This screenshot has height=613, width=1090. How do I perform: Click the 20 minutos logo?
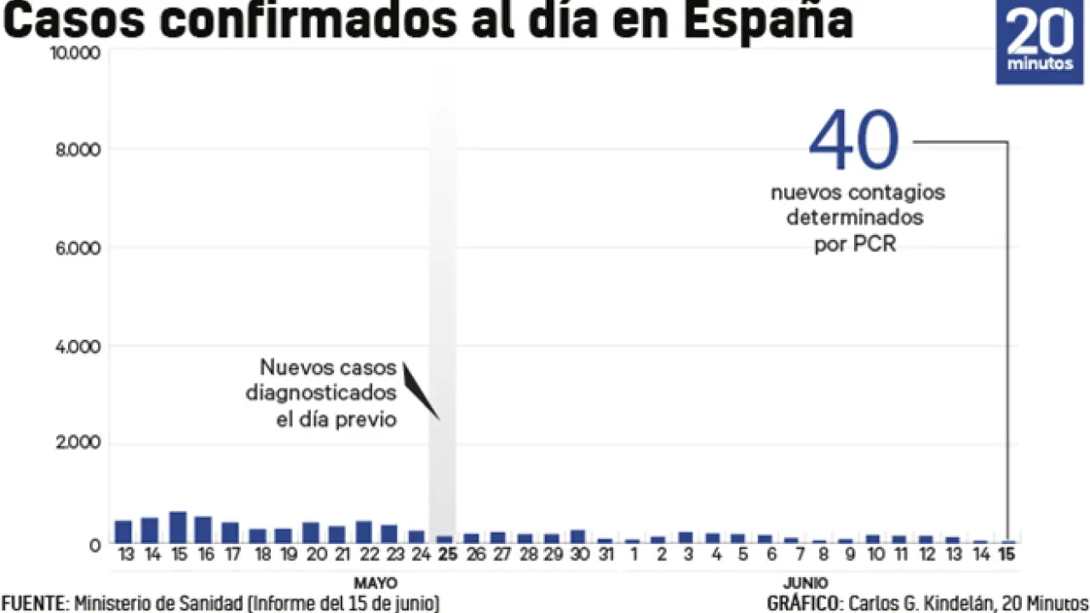pyautogui.click(x=1041, y=43)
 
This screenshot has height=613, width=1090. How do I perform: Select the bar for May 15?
pyautogui.click(x=177, y=527)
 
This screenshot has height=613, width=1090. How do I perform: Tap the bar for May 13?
pyautogui.click(x=123, y=531)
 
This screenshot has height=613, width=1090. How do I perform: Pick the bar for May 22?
pyautogui.click(x=364, y=531)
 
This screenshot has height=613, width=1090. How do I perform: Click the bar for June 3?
pyautogui.click(x=686, y=537)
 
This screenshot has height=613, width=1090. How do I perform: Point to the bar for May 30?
pyautogui.click(x=577, y=536)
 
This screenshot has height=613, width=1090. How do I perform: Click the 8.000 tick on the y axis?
pyautogui.click(x=77, y=150)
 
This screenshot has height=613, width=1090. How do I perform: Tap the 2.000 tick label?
pyautogui.click(x=77, y=444)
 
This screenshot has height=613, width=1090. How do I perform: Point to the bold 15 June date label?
pyautogui.click(x=1008, y=555)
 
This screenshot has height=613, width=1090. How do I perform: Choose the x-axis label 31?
pyautogui.click(x=605, y=555)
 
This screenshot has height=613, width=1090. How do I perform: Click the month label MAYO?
pyautogui.click(x=375, y=584)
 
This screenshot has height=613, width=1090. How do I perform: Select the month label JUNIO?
pyautogui.click(x=805, y=584)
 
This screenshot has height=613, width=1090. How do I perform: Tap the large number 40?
pyautogui.click(x=853, y=141)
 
